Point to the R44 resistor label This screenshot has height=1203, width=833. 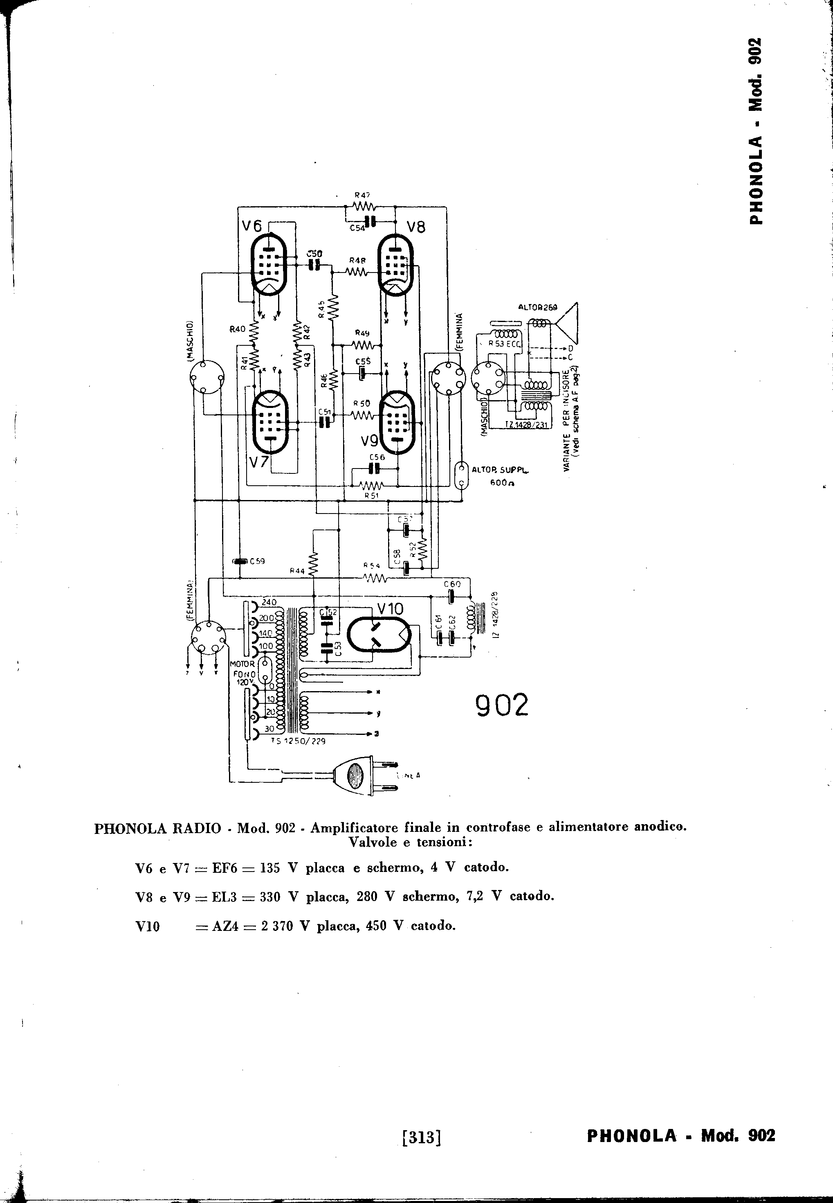(x=297, y=571)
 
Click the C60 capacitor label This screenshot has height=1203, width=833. (x=452, y=584)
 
